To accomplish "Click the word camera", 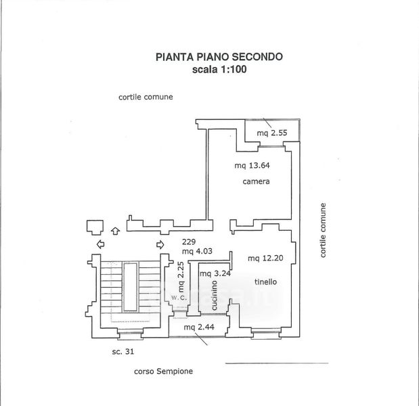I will [257, 182].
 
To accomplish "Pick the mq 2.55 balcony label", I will [272, 133].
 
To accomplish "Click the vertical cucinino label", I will [214, 296].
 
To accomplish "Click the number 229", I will [188, 242].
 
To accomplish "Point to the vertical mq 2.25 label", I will [181, 276].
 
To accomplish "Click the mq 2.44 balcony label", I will [196, 328].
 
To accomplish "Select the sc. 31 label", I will [124, 351].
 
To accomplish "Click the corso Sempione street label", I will [164, 371].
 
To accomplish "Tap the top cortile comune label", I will [146, 97].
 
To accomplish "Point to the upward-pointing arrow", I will [115, 231].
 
